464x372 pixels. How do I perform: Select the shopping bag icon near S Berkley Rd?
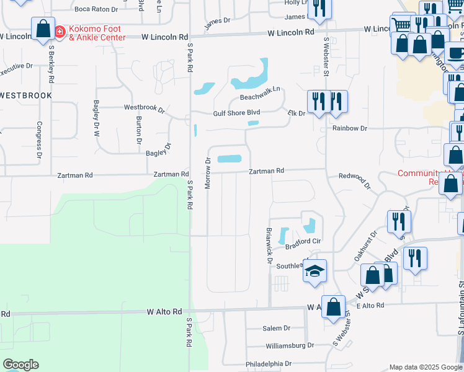[43, 29]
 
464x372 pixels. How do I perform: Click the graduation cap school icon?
[315, 270]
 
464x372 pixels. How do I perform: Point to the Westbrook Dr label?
[144, 107]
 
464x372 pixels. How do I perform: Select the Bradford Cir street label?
[303, 242]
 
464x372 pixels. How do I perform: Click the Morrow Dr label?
[208, 169]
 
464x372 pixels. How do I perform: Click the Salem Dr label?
[276, 328]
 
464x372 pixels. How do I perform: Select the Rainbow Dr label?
[350, 128]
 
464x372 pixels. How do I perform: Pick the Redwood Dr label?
[355, 180]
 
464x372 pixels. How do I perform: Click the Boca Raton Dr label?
[96, 9]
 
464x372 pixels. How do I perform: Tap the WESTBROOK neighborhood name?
[25, 95]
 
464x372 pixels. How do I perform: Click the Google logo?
[20, 365]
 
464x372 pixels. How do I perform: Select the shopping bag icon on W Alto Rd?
[333, 306]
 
